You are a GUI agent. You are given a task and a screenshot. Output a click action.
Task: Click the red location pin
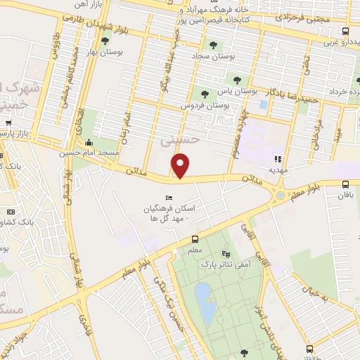(181, 166)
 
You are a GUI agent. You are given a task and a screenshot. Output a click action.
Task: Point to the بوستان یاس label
(231, 91)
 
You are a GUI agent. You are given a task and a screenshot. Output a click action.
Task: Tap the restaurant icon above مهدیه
(278, 159)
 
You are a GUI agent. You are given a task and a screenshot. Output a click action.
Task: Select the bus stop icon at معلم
(196, 238)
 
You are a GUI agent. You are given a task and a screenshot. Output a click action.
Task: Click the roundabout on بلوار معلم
(281, 195)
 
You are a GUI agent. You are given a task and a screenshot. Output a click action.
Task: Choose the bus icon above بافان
(345, 184)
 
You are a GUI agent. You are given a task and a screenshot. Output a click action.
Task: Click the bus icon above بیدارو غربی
(345, 32)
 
